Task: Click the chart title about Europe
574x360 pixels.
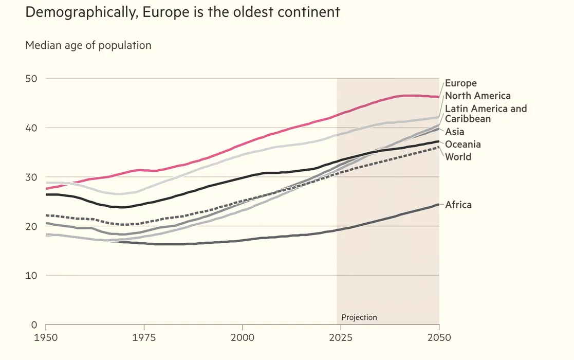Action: pos(182,12)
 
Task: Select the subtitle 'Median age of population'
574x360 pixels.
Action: pos(88,45)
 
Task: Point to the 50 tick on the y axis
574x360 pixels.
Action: pos(32,79)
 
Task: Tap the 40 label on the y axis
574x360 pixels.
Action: pos(32,128)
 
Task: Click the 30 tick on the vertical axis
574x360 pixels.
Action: pos(32,177)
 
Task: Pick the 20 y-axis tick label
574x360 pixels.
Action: pos(32,226)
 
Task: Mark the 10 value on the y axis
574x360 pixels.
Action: pos(32,276)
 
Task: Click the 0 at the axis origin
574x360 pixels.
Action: pos(34,325)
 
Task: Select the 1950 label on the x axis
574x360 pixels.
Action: pos(46,338)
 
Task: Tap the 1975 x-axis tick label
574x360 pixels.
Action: pos(144,338)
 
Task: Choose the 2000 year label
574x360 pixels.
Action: pos(242,338)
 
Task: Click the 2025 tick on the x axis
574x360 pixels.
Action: pos(340,338)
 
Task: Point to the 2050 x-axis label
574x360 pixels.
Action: pos(439,338)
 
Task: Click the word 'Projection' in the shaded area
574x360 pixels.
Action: pos(359,317)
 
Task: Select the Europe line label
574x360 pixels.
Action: pos(460,83)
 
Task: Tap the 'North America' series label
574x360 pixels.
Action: pos(477,96)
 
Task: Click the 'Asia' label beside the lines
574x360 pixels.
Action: pos(454,132)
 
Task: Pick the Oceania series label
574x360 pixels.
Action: pos(462,145)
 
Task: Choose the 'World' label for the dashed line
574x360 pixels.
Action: pos(457,157)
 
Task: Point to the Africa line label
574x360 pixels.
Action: pos(458,205)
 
